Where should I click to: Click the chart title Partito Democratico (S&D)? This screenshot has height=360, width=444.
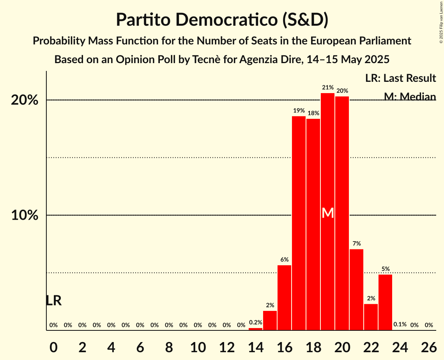pyautogui.click(x=222, y=19)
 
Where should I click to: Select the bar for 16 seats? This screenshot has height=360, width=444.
pyautogui.click(x=284, y=298)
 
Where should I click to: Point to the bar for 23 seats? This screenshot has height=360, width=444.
pyautogui.click(x=385, y=302)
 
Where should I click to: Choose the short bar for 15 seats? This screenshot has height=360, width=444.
pyautogui.click(x=270, y=320)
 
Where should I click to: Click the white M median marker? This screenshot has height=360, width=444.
pyautogui.click(x=328, y=213)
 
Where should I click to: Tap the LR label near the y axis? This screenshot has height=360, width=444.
pyautogui.click(x=53, y=300)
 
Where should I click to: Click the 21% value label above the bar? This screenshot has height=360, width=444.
pyautogui.click(x=327, y=88)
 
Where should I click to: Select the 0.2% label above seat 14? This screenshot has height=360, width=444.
pyautogui.click(x=255, y=322)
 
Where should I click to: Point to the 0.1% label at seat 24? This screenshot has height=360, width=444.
pyautogui.click(x=400, y=325)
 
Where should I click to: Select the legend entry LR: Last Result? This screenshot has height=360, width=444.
pyautogui.click(x=400, y=78)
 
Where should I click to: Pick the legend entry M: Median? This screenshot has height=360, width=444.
pyautogui.click(x=410, y=96)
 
